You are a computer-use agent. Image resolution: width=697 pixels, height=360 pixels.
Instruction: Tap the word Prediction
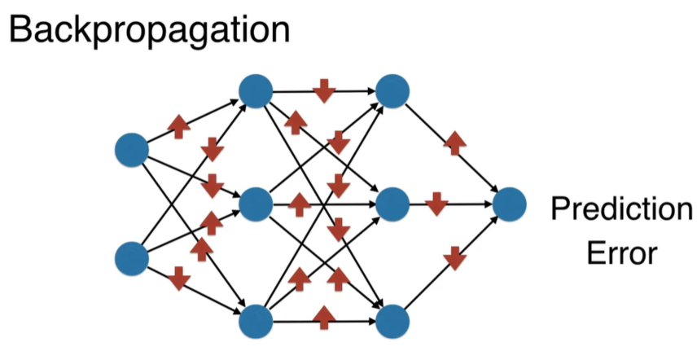620,210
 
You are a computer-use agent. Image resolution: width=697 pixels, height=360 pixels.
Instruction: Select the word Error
620,252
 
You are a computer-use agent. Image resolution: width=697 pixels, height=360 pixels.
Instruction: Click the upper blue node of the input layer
132,149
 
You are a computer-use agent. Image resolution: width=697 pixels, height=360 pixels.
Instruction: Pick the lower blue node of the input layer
132,258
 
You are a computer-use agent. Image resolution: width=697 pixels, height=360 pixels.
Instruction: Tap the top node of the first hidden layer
256,90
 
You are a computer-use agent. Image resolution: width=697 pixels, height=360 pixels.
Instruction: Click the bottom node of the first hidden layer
256,319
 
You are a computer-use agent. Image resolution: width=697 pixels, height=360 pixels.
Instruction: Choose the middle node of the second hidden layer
392,204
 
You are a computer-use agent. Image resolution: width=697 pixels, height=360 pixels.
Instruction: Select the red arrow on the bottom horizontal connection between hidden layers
324,316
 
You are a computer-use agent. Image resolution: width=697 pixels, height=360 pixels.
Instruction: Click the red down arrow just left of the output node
437,204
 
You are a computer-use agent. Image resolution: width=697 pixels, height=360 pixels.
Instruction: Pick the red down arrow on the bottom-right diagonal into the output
454,258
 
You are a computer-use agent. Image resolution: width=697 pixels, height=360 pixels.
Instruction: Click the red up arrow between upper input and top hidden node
178,126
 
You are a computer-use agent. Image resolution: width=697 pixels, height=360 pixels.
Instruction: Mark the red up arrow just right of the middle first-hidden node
300,204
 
